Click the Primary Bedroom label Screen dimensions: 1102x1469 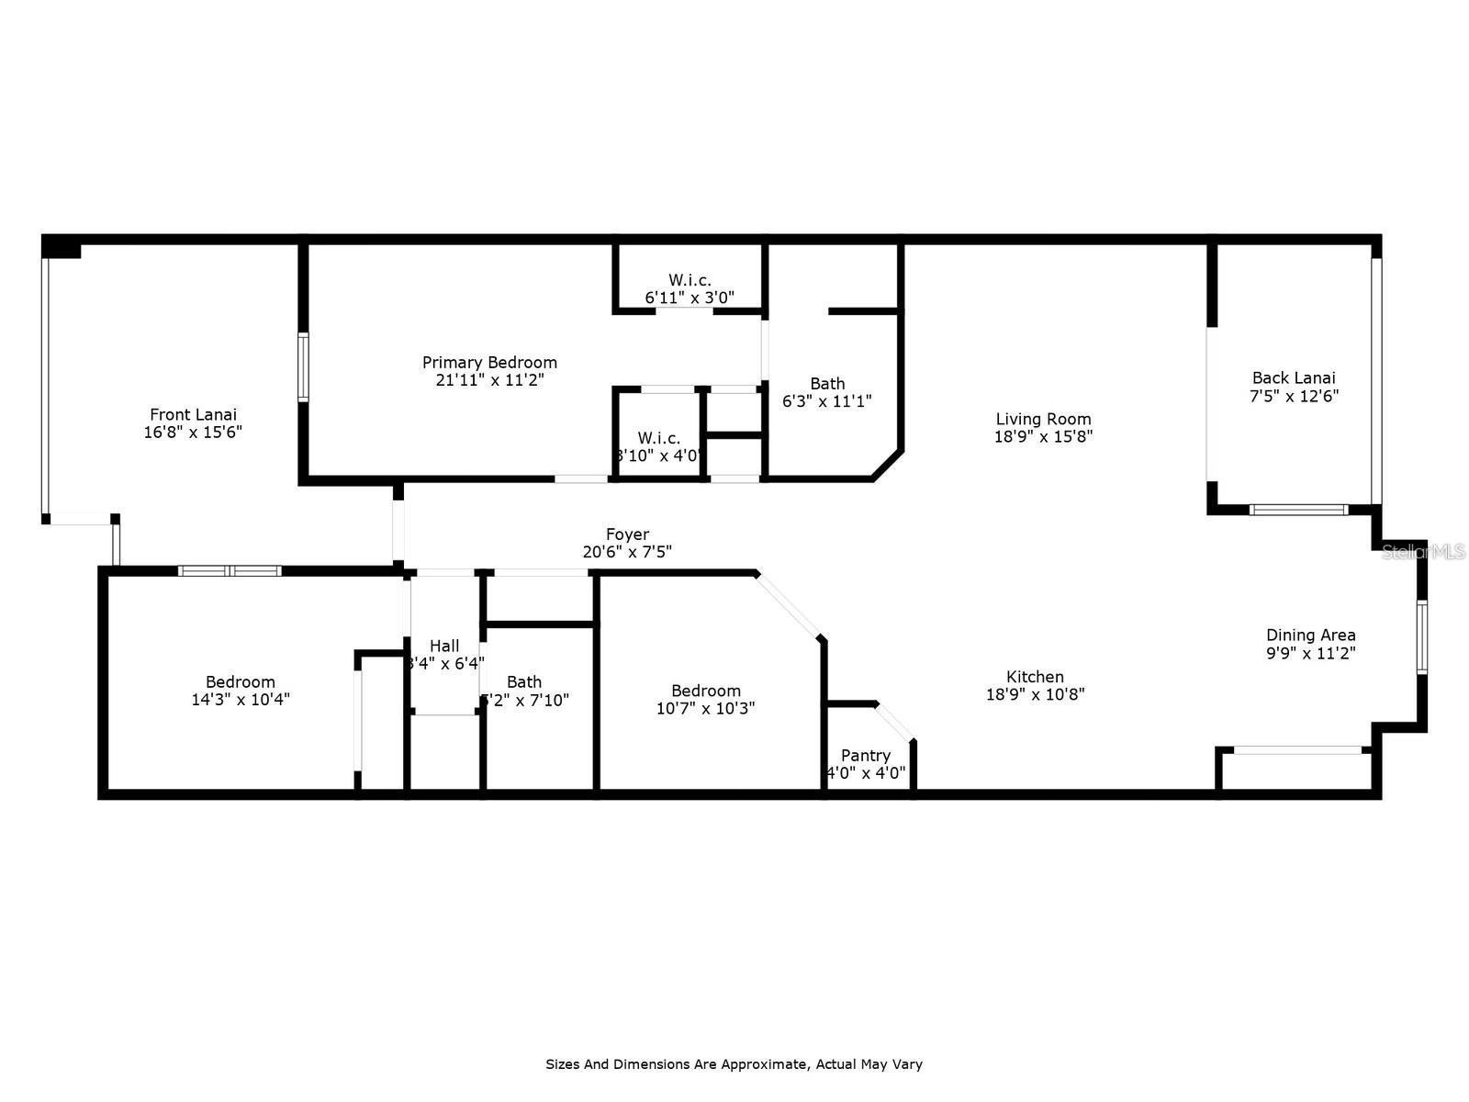point(489,363)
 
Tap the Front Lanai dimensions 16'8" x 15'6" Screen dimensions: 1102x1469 point(193,432)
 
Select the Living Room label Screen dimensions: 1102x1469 point(1043,420)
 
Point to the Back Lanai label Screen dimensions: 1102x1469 point(1294,377)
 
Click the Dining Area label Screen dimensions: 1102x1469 point(1310,635)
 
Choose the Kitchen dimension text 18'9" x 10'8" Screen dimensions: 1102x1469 point(1035,694)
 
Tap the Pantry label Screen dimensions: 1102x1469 point(865,756)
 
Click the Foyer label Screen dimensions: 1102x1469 point(627,534)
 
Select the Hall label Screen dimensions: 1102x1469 point(444,647)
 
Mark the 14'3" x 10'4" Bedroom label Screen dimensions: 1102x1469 point(241,682)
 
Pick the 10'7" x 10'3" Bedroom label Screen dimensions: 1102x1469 point(705,692)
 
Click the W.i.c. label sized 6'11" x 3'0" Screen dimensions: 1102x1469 point(689,280)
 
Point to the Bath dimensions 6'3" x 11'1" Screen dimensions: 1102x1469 point(826,401)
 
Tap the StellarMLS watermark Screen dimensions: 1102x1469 point(1423,552)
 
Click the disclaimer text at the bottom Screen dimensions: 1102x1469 point(734,1064)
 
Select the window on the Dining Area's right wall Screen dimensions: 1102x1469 point(1421,636)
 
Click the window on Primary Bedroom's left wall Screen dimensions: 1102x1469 point(303,367)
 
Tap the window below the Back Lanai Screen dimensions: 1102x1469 point(1298,510)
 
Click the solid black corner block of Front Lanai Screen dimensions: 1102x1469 point(62,247)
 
